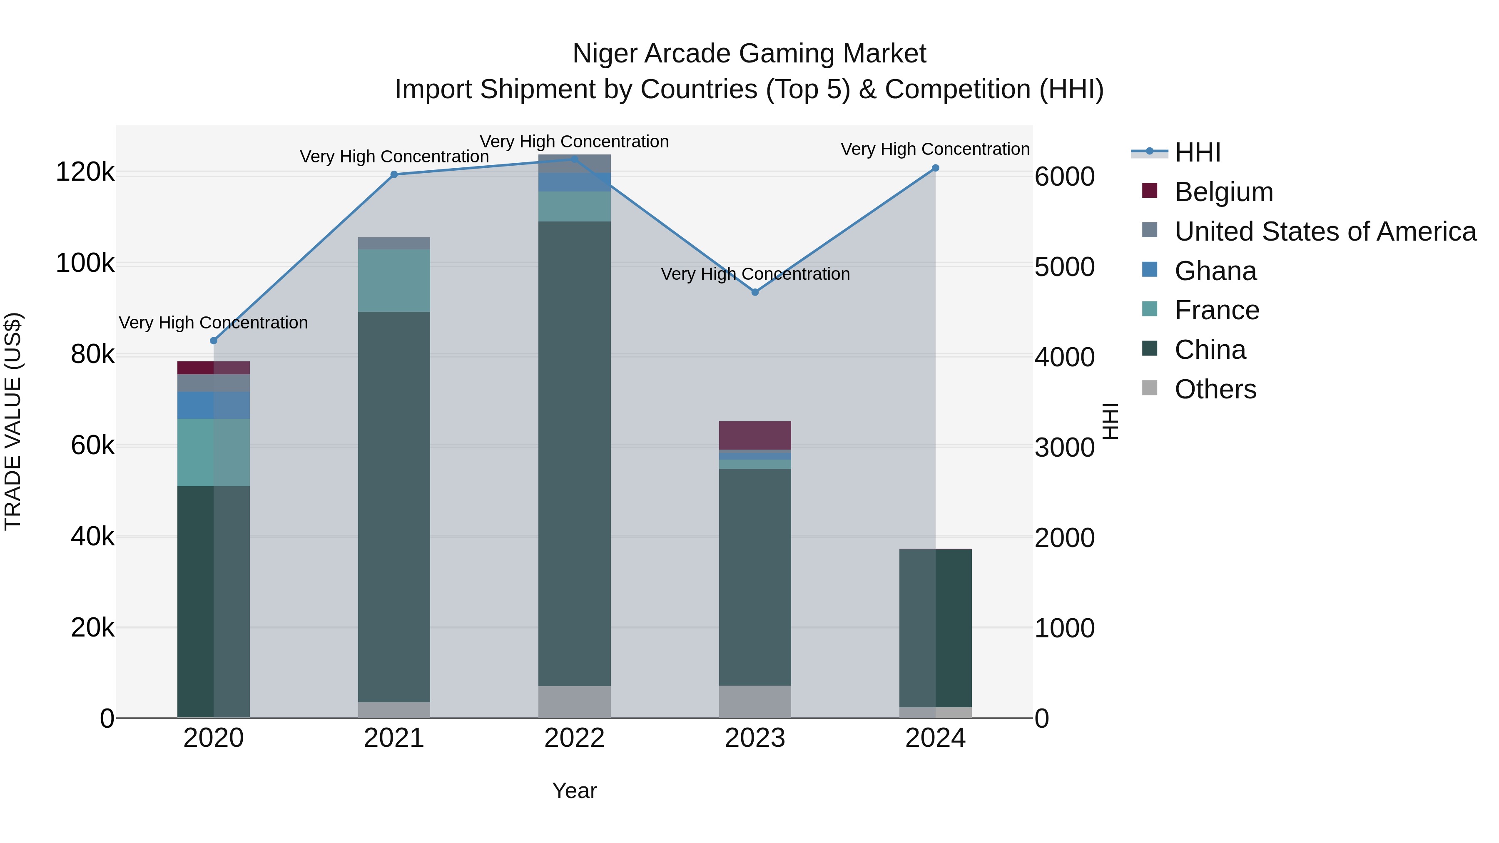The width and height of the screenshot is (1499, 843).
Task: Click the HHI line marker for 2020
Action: (214, 341)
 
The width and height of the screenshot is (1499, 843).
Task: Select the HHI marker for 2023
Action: (755, 292)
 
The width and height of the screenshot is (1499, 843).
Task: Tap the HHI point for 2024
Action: (936, 168)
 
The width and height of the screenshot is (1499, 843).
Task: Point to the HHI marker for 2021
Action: (394, 174)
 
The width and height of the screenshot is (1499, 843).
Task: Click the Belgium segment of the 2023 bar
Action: (755, 435)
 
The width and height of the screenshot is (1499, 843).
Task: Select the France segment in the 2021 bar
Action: (394, 281)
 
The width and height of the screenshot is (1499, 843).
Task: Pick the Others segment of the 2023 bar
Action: (755, 701)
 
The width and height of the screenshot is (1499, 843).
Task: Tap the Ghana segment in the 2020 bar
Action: (214, 405)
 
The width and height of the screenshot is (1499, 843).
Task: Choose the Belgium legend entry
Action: (1223, 192)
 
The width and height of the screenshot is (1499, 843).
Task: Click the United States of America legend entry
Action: (1325, 231)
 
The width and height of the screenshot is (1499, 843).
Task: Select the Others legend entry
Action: (1215, 389)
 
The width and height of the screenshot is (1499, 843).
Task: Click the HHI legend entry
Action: (1197, 152)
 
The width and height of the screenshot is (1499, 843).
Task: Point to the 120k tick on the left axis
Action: (85, 172)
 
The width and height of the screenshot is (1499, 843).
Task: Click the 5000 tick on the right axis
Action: (1064, 267)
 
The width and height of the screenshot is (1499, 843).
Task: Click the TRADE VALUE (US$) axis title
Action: (13, 421)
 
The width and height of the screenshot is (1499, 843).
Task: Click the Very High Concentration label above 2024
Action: (935, 149)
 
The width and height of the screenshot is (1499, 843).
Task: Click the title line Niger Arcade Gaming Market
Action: (749, 54)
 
